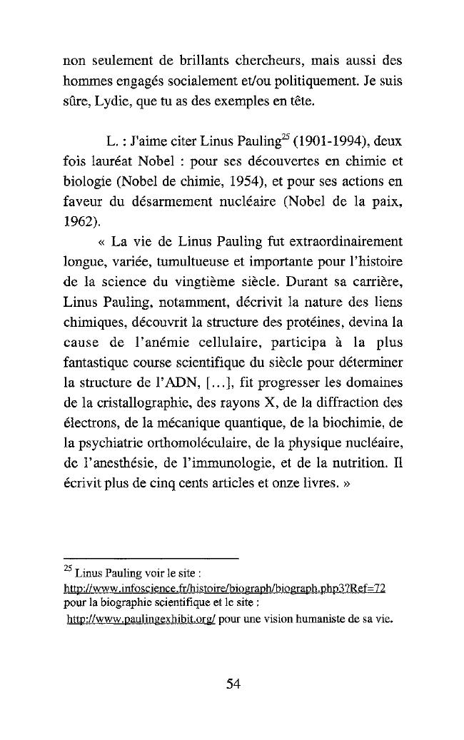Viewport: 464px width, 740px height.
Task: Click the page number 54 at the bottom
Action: tap(233, 684)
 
